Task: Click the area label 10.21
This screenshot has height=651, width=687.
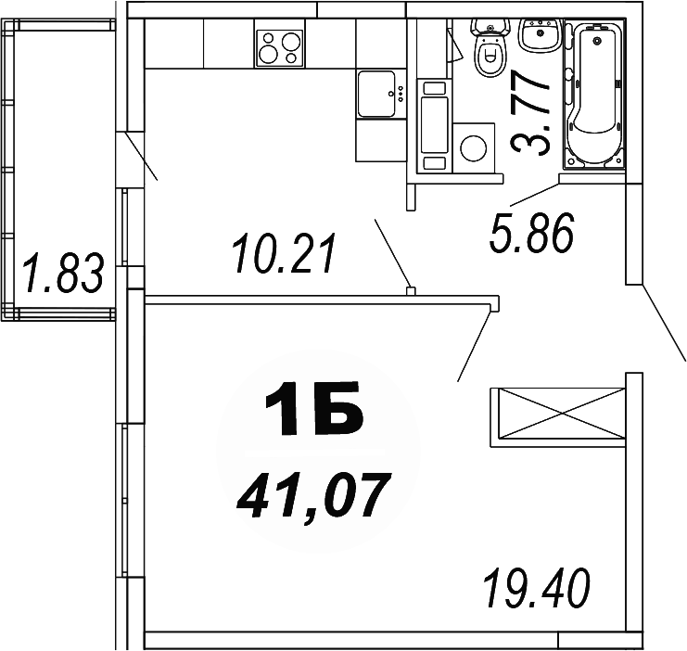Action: point(280,255)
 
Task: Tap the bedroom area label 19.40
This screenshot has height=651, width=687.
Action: point(537,587)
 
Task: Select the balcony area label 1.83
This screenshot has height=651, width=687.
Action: point(61,275)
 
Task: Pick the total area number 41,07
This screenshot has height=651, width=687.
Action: point(310,495)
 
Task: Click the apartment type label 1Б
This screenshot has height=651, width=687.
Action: point(312,413)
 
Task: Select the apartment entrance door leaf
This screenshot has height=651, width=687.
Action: point(664,321)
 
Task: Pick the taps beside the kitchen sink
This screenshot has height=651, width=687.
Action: point(401,93)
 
